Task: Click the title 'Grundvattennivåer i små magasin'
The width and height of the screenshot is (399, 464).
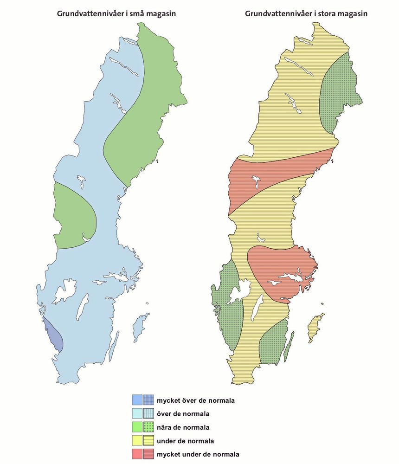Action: [x=116, y=14]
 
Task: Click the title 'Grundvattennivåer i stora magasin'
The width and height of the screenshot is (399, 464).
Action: [x=306, y=14]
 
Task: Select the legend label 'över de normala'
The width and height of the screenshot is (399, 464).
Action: [x=183, y=413]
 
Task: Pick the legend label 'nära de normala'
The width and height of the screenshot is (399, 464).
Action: [x=183, y=427]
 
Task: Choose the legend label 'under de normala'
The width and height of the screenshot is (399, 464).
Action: [x=186, y=440]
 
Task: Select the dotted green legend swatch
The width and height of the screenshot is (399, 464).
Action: [x=148, y=427]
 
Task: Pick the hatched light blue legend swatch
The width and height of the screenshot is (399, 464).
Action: [x=148, y=413]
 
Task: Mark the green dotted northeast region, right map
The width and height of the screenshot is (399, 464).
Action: [x=341, y=93]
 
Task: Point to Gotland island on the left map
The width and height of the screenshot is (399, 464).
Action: [x=140, y=327]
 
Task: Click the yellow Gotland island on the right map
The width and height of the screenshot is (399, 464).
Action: [x=316, y=327]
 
